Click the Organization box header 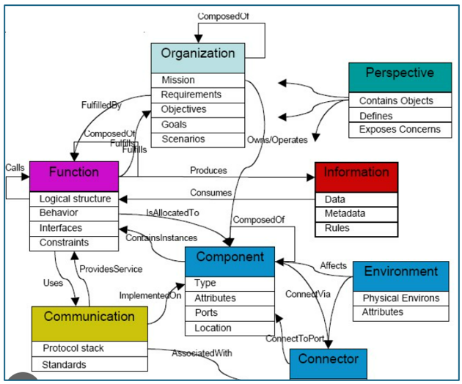tap(198, 58)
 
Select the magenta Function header tap(74, 177)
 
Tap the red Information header tap(356, 177)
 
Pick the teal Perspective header tap(400, 78)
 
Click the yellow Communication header tap(89, 324)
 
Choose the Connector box tap(329, 364)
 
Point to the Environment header tap(400, 276)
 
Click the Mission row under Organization tap(198, 81)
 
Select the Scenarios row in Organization tap(198, 140)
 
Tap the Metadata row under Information tap(356, 214)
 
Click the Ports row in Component tap(230, 314)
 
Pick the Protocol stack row tap(89, 349)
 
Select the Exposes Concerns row tap(400, 130)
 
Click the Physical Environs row tap(400, 298)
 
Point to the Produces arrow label tap(208, 170)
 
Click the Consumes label tap(210, 193)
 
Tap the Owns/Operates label tap(277, 140)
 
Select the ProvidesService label tap(111, 269)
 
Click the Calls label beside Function tap(15, 168)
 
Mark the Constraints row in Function tap(74, 243)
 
